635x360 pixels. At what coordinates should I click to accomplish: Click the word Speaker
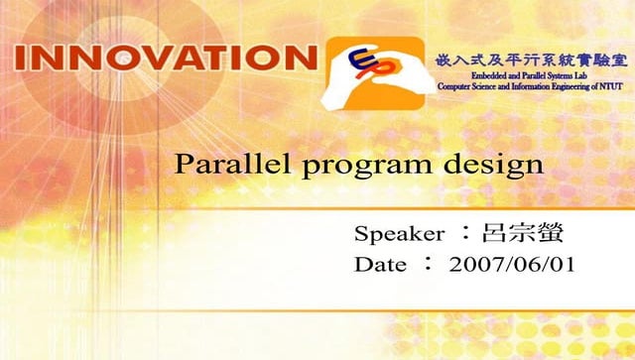(x=398, y=235)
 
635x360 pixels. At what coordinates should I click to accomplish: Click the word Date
(x=380, y=265)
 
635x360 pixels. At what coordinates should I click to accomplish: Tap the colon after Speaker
(x=463, y=235)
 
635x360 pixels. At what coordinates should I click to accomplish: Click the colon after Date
(x=428, y=265)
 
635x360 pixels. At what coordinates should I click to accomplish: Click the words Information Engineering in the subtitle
(x=551, y=87)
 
